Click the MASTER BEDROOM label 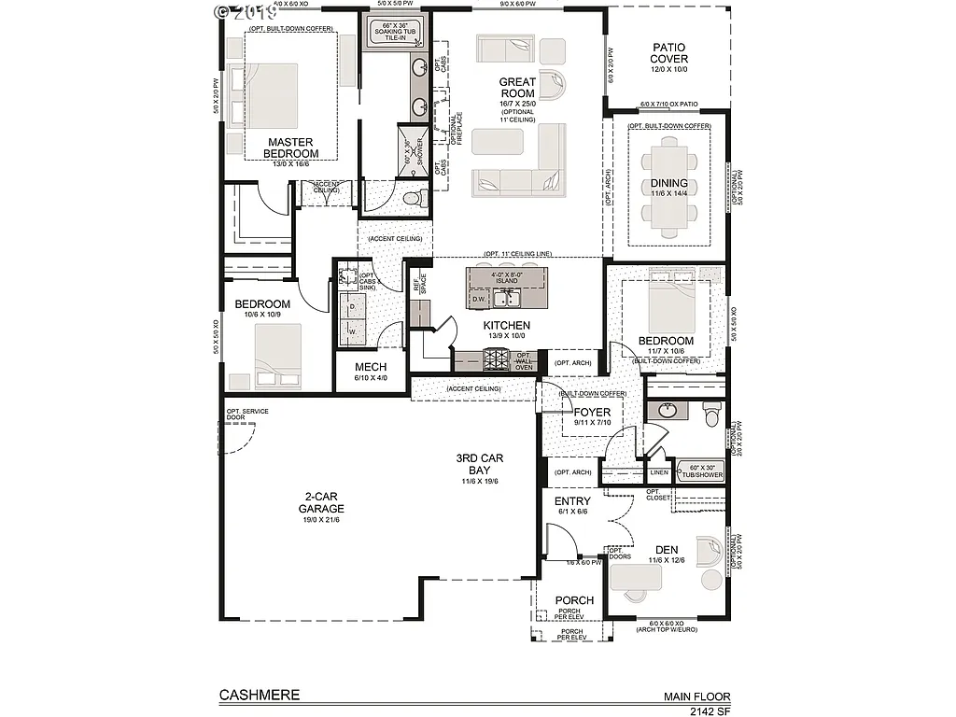point(290,148)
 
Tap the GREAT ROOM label point(516,88)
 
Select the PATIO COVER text point(669,53)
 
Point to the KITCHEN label point(507,326)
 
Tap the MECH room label point(371,367)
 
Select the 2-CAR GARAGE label point(320,502)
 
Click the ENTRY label point(572,501)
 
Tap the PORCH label point(574,600)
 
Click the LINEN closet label point(659,472)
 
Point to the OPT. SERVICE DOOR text point(240,415)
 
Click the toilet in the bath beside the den point(710,411)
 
